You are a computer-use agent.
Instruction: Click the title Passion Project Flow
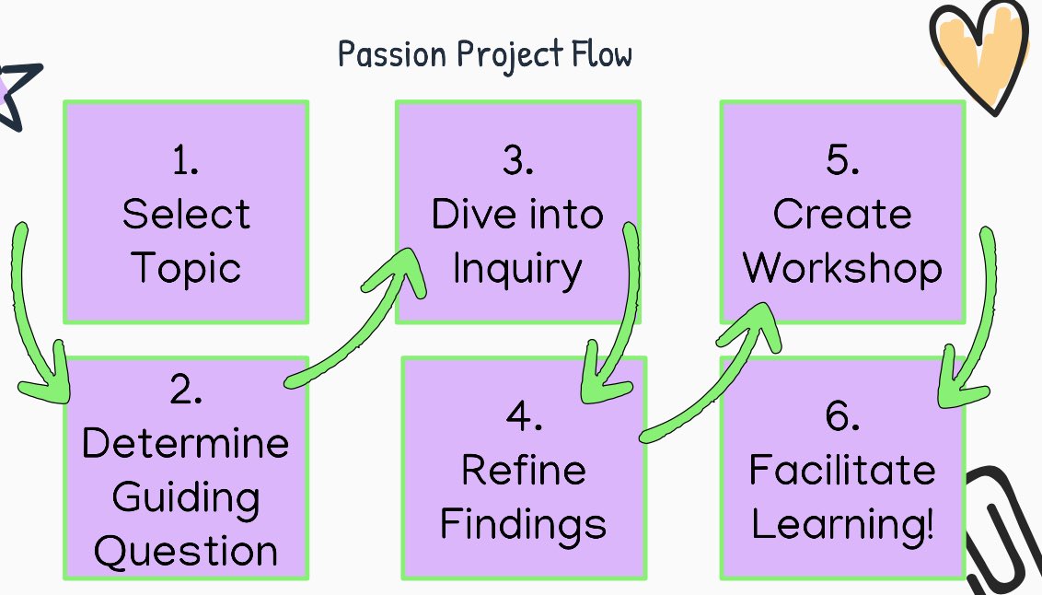[x=485, y=55]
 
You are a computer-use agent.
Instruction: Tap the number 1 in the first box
[x=185, y=161]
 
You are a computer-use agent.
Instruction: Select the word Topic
[x=186, y=268]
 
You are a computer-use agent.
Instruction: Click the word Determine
[x=185, y=445]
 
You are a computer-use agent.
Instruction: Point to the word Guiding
[x=186, y=499]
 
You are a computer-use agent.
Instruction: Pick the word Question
[x=186, y=552]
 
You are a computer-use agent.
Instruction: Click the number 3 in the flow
[x=518, y=161]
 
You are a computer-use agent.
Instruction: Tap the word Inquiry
[x=517, y=270]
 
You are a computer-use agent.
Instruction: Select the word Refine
[x=523, y=471]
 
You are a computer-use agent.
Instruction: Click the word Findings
[x=523, y=524]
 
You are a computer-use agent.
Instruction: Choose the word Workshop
[x=842, y=268]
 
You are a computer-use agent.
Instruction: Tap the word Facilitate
[x=842, y=471]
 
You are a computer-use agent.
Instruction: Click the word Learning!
[x=842, y=524]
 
